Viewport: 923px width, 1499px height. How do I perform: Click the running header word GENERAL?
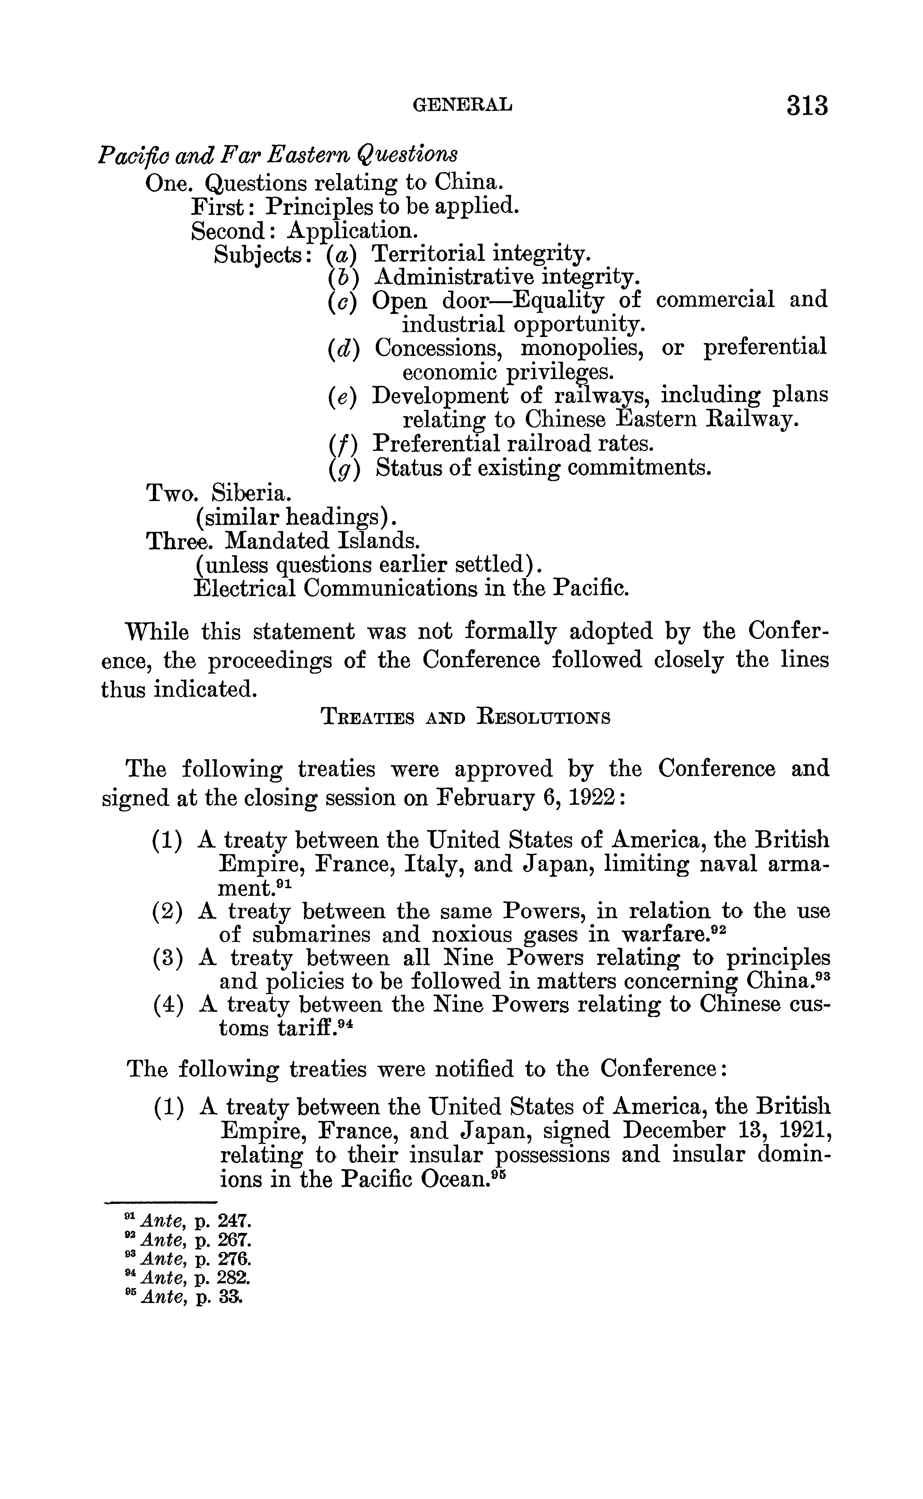[463, 106]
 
